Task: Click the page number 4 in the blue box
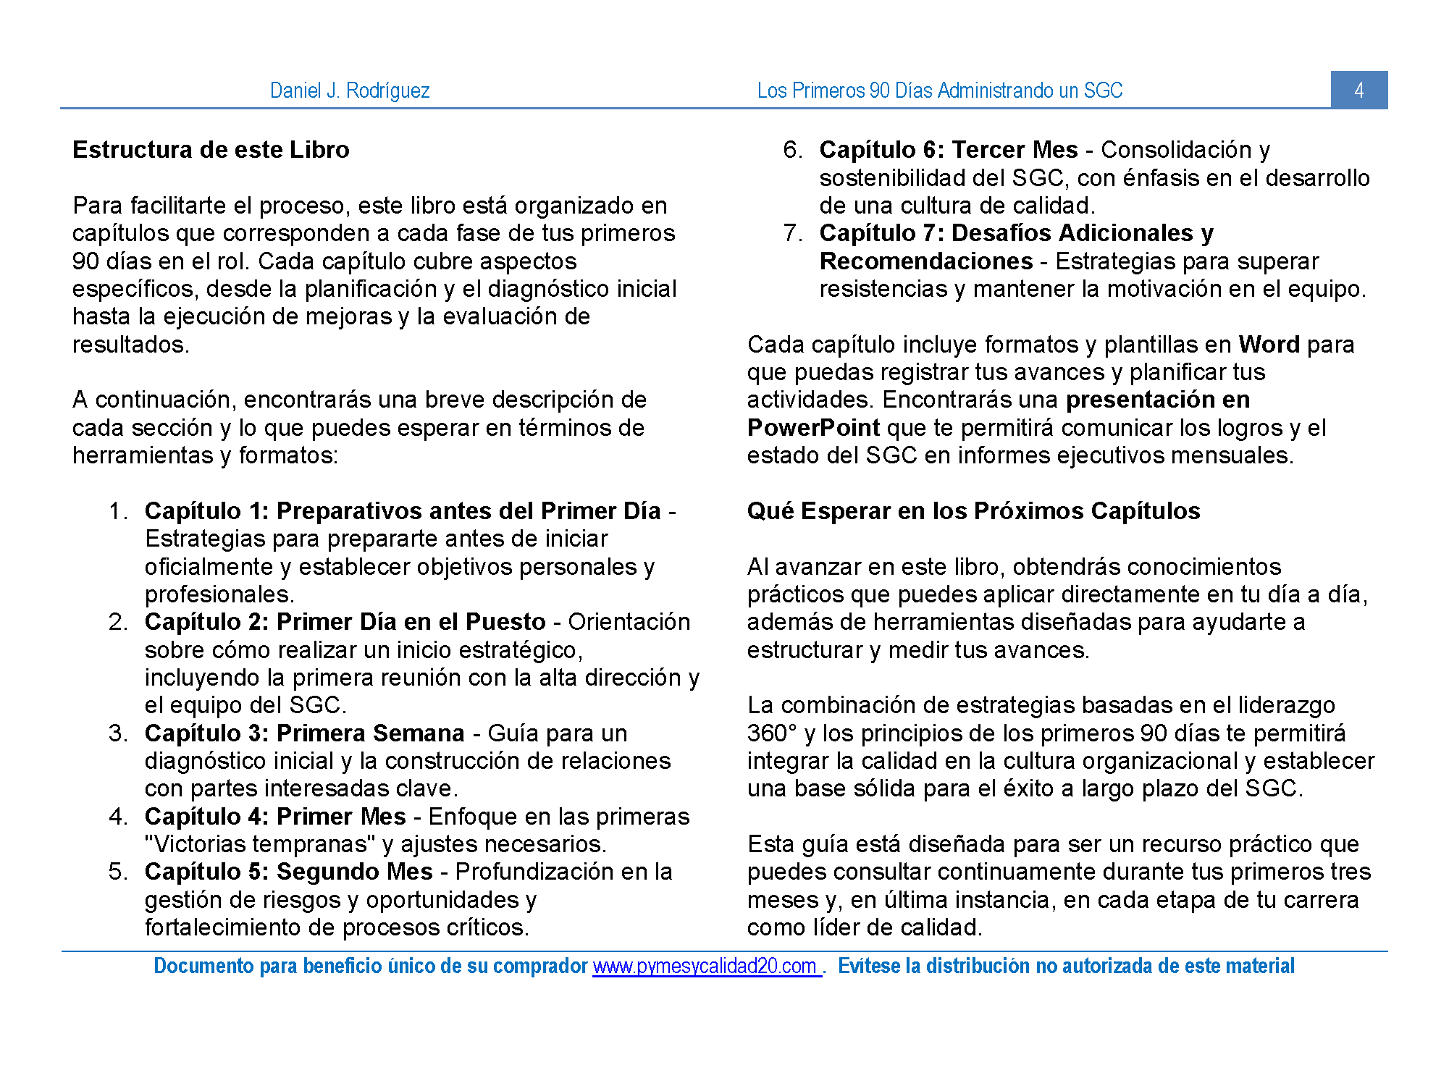click(x=1358, y=90)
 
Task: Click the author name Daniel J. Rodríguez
click(x=350, y=90)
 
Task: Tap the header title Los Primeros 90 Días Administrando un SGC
click(x=939, y=90)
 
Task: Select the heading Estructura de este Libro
click(x=211, y=150)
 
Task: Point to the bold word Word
click(x=1269, y=345)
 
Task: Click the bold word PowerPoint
click(x=813, y=428)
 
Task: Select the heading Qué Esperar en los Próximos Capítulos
click(x=973, y=511)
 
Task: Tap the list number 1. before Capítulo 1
click(x=118, y=511)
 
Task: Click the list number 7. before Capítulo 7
click(x=792, y=233)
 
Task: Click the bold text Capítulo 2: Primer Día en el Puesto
click(x=345, y=622)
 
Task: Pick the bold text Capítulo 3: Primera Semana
click(x=304, y=733)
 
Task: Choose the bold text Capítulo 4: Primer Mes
click(x=275, y=817)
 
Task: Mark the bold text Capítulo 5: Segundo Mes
click(x=288, y=872)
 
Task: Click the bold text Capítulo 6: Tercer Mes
click(x=948, y=150)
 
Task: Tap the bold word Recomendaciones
click(x=925, y=261)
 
